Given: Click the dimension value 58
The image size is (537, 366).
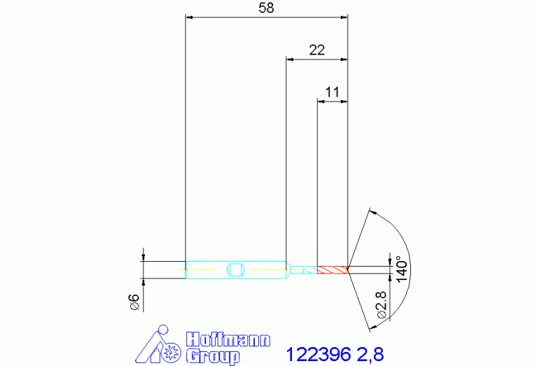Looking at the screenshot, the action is [266, 8].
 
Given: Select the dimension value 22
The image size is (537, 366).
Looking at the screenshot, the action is [316, 50].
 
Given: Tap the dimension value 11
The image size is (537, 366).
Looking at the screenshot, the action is [332, 92].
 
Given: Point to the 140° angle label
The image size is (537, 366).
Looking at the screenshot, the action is [402, 269].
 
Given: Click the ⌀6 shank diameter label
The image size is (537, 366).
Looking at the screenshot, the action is [135, 302].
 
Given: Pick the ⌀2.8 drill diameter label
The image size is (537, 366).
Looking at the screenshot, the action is [381, 304].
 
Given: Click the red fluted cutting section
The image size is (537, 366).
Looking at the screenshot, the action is [332, 270].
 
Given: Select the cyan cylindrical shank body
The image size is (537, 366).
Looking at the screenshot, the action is [236, 270].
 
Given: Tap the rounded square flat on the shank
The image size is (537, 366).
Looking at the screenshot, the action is [235, 270].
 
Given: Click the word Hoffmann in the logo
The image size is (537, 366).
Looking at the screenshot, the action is [228, 339].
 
